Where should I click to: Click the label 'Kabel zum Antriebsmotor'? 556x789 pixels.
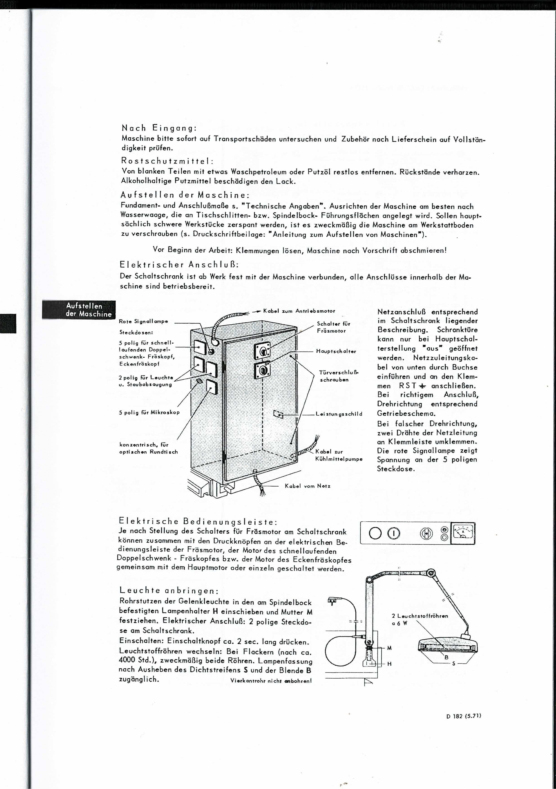tap(299, 311)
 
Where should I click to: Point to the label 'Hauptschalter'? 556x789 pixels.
tap(336, 352)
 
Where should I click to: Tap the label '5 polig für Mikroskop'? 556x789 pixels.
tap(149, 412)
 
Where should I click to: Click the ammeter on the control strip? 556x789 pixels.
tap(463, 533)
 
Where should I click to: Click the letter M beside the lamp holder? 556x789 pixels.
tap(389, 648)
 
